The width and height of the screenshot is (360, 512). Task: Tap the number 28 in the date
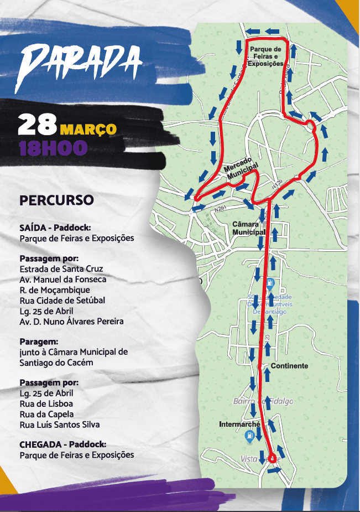pyautogui.click(x=37, y=126)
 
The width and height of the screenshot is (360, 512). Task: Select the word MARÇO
pyautogui.click(x=88, y=130)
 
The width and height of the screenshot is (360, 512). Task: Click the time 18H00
pyautogui.click(x=53, y=148)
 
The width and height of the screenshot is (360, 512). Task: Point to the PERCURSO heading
pyautogui.click(x=56, y=200)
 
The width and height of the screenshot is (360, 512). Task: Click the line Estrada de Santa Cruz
pyautogui.click(x=61, y=269)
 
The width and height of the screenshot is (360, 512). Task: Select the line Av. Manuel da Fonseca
pyautogui.click(x=63, y=280)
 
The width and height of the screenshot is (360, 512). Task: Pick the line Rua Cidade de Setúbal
pyautogui.click(x=62, y=301)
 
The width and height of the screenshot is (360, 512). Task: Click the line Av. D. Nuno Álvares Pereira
pyautogui.click(x=71, y=321)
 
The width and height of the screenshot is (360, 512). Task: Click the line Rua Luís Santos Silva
pyautogui.click(x=60, y=425)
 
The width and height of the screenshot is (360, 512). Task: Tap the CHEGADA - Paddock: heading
pyautogui.click(x=62, y=444)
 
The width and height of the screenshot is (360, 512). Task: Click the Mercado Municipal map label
pyautogui.click(x=242, y=168)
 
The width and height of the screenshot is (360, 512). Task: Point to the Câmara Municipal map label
pyautogui.click(x=249, y=228)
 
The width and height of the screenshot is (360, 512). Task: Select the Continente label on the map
pyautogui.click(x=289, y=366)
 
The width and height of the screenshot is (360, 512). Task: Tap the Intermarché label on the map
pyautogui.click(x=239, y=425)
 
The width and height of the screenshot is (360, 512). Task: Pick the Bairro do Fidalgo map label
pyautogui.click(x=263, y=401)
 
